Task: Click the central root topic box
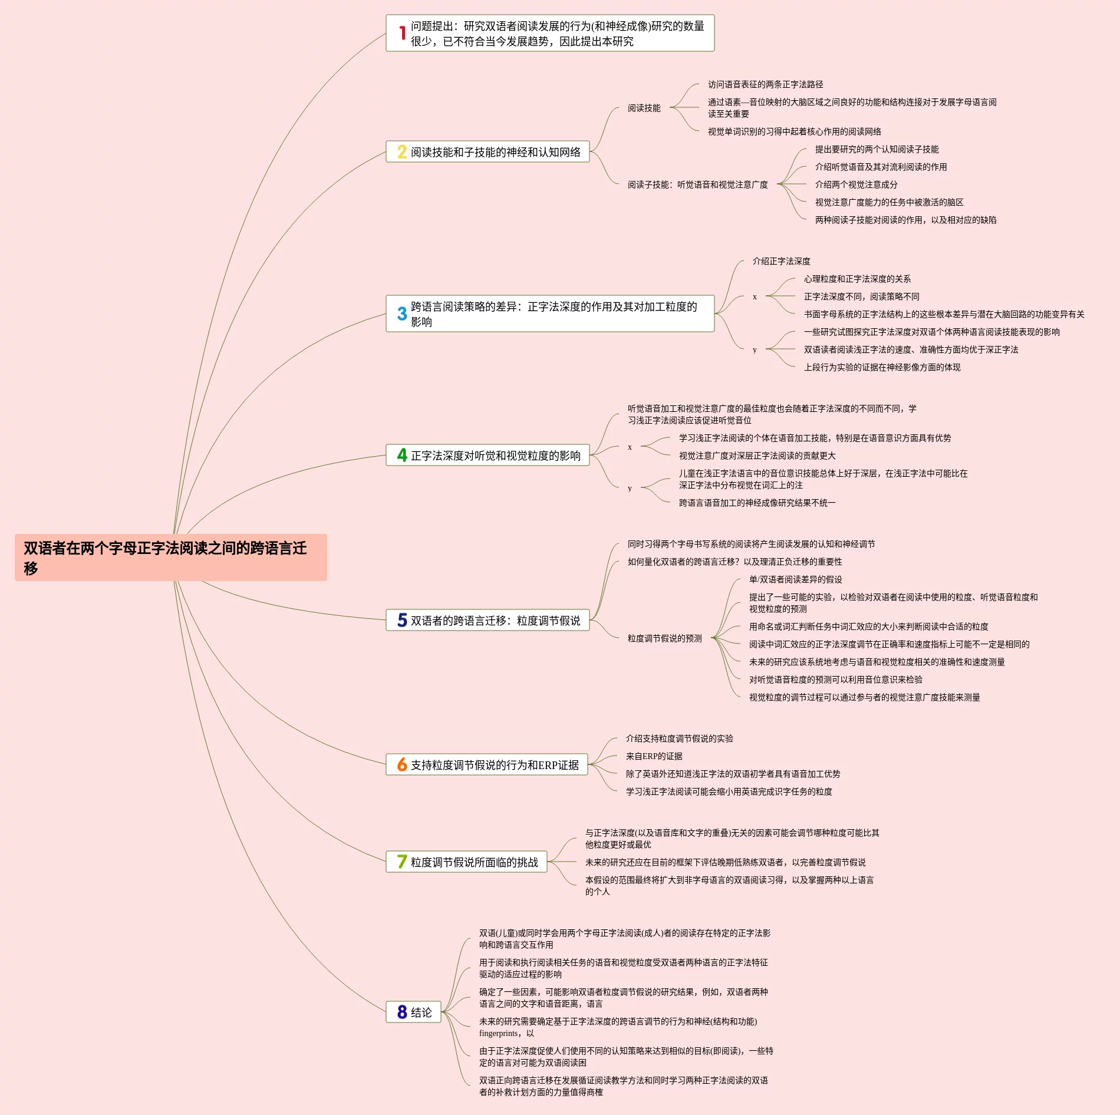point(170,557)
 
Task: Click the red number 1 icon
point(402,33)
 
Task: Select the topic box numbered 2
point(487,151)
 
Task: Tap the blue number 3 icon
point(402,314)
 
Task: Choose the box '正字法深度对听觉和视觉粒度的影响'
point(487,455)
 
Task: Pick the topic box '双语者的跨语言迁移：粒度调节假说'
point(487,620)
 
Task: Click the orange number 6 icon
point(402,764)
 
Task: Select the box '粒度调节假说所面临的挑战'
point(466,862)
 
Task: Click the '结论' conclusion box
point(413,1012)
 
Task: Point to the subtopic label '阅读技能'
point(644,108)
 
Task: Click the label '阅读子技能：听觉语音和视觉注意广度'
point(697,184)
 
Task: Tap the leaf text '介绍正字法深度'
point(781,261)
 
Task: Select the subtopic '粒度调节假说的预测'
point(664,638)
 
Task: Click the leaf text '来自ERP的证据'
point(654,756)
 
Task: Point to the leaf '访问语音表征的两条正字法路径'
point(765,84)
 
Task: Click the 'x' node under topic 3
point(755,296)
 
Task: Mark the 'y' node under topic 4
point(630,488)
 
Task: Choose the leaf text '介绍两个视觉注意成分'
point(856,184)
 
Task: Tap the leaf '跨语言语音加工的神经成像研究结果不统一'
point(757,503)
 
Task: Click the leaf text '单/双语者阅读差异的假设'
point(795,579)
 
